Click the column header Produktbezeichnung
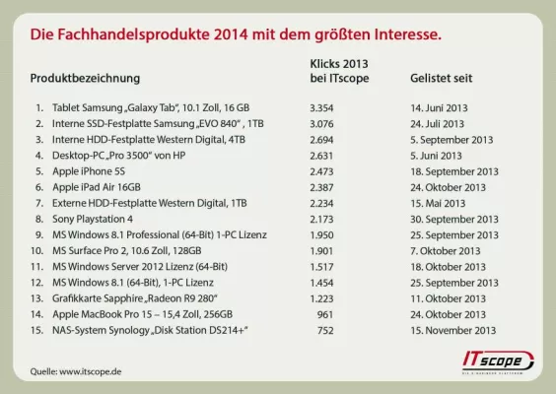click(x=85, y=77)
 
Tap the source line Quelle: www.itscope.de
click(x=77, y=371)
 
